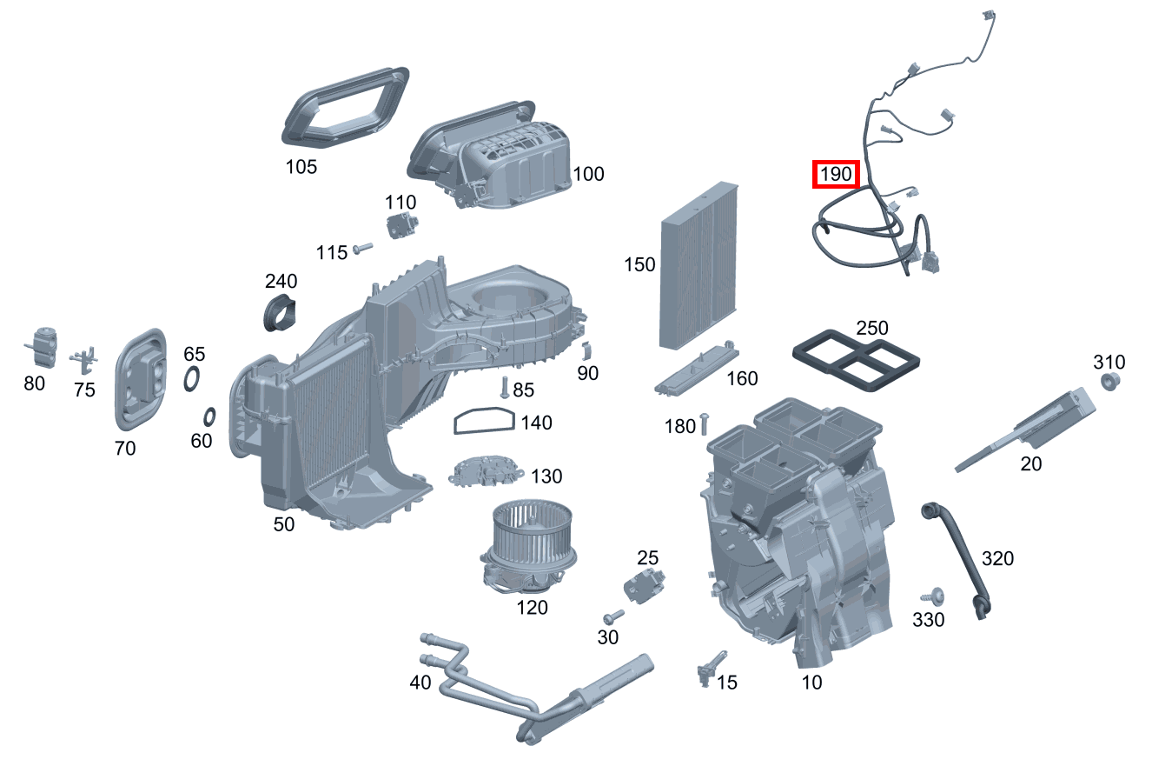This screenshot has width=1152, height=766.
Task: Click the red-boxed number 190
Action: click(x=835, y=174)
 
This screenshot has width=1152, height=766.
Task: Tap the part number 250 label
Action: click(x=871, y=329)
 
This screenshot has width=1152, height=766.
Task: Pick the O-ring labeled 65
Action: click(x=192, y=379)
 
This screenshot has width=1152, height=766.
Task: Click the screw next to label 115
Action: click(x=362, y=250)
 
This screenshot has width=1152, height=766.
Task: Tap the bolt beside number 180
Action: click(x=704, y=423)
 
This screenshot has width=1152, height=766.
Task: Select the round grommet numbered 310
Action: click(x=1109, y=383)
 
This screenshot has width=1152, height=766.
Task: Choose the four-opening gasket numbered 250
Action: click(x=856, y=357)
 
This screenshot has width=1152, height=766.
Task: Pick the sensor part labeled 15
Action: click(x=706, y=669)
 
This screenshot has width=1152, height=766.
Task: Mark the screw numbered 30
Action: click(x=613, y=616)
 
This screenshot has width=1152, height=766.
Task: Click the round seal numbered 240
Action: click(x=279, y=313)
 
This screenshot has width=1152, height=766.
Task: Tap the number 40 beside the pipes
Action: click(x=420, y=683)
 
